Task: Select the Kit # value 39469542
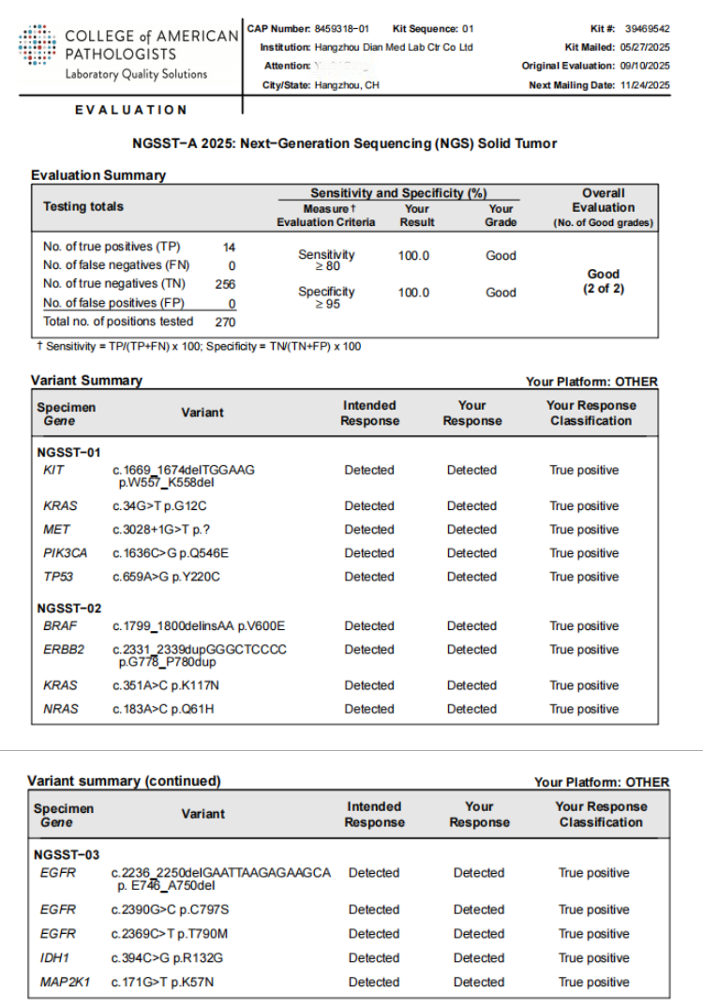click(x=647, y=29)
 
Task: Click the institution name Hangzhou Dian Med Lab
click(x=393, y=47)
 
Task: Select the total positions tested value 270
click(x=225, y=322)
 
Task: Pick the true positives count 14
click(x=229, y=247)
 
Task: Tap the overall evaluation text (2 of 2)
click(x=604, y=289)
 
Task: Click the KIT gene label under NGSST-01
click(x=53, y=470)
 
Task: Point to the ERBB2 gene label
click(x=63, y=650)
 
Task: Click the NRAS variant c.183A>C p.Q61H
click(x=163, y=709)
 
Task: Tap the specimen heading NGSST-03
click(x=67, y=855)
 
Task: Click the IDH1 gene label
click(x=54, y=958)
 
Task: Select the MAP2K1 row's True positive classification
click(x=594, y=983)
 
